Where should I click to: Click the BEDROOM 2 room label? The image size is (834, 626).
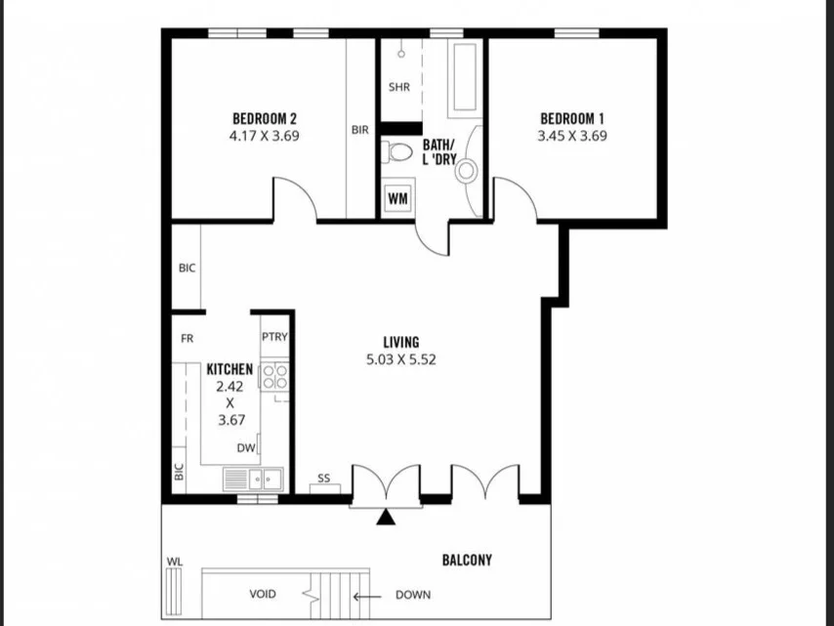coord(263,119)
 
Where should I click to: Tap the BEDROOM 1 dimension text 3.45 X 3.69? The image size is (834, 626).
coord(572,137)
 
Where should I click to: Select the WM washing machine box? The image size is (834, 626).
coord(397,197)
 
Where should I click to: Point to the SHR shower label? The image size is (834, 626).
coord(398,87)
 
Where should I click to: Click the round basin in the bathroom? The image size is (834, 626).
coord(468,171)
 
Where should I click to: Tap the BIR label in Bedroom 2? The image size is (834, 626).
coord(359,130)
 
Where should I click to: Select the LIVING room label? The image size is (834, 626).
coord(401,342)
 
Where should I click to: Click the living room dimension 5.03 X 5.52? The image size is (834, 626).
coord(401,358)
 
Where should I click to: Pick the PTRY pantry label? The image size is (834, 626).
coord(273,337)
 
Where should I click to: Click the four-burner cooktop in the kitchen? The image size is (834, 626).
coord(274,377)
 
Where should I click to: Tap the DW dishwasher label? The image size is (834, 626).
coord(246,449)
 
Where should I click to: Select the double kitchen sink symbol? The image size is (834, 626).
coord(253,479)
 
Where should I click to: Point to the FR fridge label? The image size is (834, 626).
coord(187,339)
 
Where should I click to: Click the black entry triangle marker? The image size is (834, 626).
coord(387,518)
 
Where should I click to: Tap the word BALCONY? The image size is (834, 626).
coord(467,561)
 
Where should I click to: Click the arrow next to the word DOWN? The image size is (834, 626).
coord(366,594)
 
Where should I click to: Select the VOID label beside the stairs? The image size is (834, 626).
coord(264,594)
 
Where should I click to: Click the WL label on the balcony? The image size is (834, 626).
coord(175,562)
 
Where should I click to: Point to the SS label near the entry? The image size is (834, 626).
coord(323,479)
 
